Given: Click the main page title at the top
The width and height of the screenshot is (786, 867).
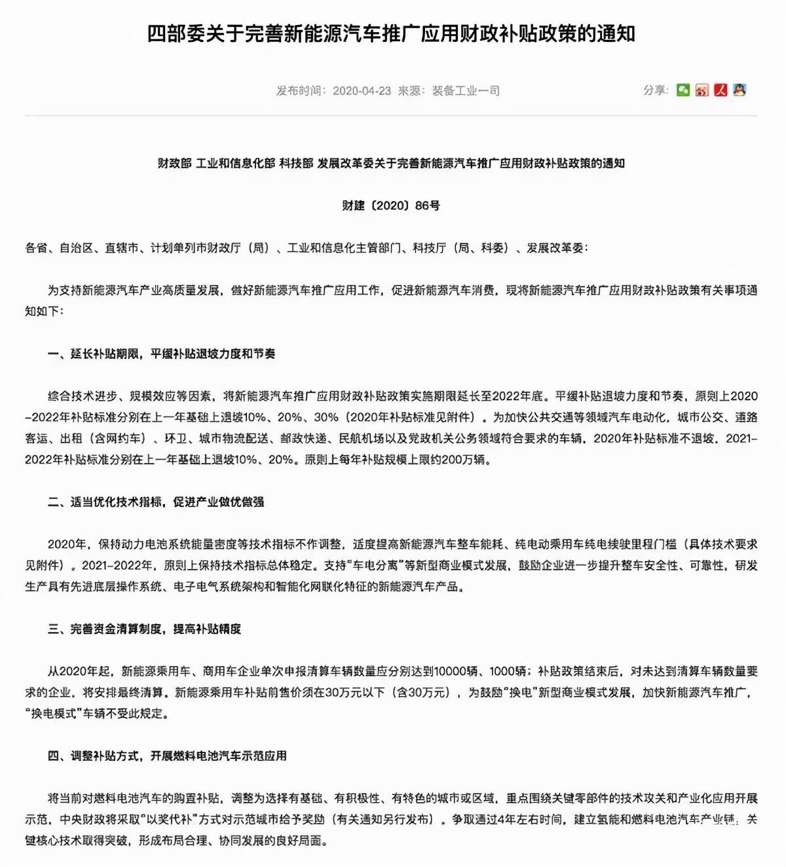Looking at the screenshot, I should tap(391, 34).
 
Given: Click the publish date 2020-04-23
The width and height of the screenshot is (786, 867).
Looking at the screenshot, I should tap(362, 90).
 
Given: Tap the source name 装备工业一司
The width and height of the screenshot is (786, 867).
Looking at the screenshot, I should tap(466, 90).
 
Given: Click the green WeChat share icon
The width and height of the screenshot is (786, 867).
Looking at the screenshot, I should tap(683, 90).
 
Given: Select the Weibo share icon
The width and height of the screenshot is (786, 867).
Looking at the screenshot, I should tap(702, 90).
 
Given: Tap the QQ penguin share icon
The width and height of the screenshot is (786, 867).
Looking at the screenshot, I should tap(739, 90).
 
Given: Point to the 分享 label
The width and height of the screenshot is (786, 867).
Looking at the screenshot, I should tap(654, 90).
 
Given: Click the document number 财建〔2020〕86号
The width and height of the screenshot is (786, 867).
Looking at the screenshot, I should tap(391, 206).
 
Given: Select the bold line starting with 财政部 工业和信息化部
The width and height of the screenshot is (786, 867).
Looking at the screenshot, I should tap(391, 163).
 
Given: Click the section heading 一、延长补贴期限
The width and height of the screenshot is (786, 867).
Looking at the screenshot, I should tap(161, 354).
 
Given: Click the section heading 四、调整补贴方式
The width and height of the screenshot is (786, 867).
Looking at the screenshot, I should tap(167, 756).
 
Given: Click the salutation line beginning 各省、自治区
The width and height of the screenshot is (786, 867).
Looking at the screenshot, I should tap(307, 248).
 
